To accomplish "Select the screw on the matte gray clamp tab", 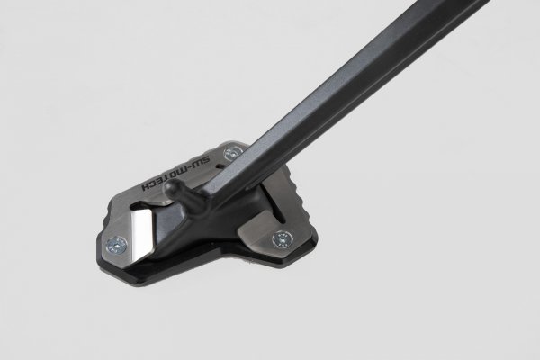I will [x=286, y=238].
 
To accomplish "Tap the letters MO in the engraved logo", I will [x=183, y=173].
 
